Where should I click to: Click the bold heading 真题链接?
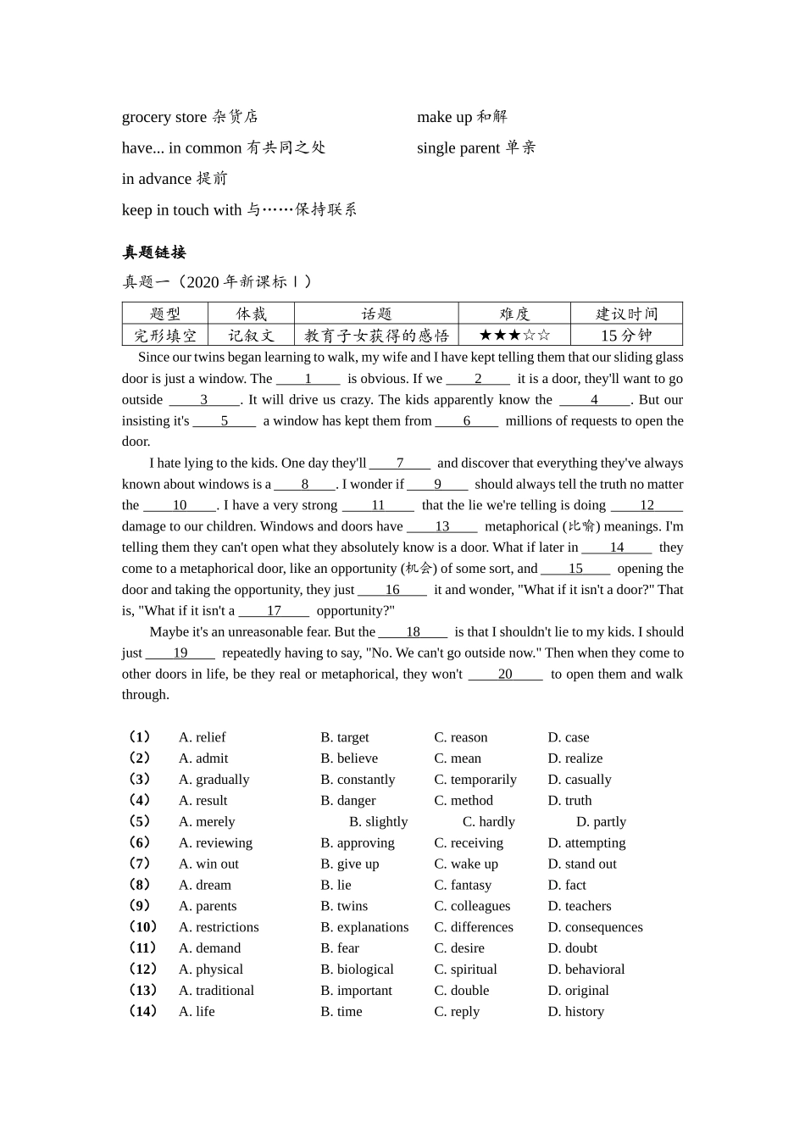(154, 253)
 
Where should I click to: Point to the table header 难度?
(514, 314)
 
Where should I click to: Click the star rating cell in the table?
(514, 336)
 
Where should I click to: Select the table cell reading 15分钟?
(625, 336)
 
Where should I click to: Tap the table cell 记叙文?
(251, 336)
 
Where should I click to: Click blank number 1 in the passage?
(308, 379)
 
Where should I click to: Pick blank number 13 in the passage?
(441, 526)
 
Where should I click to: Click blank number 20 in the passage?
(505, 674)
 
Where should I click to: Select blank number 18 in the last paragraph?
(413, 631)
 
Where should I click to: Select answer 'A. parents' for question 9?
(208, 906)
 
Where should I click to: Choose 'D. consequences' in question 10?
(595, 927)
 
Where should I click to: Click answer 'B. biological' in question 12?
(357, 970)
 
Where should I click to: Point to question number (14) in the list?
(142, 1011)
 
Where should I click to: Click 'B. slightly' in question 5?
(378, 821)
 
